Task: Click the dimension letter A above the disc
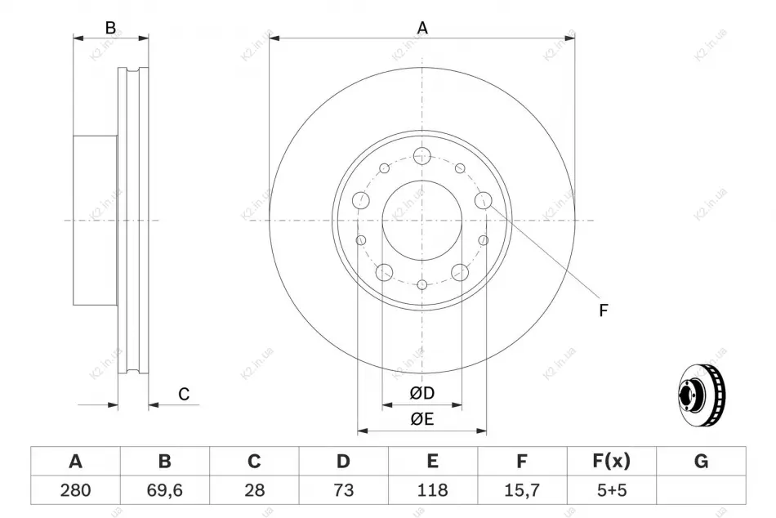tap(422, 28)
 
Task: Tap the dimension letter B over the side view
tap(110, 28)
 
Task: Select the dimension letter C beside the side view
tap(184, 394)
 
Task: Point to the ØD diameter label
tap(422, 393)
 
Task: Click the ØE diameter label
tap(422, 419)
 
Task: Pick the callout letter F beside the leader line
tap(603, 310)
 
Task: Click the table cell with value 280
tap(75, 490)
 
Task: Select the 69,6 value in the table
tap(165, 490)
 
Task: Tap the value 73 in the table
tap(343, 490)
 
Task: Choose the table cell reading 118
tap(433, 490)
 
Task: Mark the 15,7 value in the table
tap(522, 490)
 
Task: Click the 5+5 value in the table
tap(612, 490)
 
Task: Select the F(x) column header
tap(612, 461)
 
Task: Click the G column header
tap(701, 461)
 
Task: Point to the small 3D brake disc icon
tap(702, 395)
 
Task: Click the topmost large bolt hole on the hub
tap(422, 155)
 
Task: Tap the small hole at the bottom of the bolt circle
tap(422, 285)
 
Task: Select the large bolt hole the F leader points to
tap(483, 200)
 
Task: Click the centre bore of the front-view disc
tap(422, 221)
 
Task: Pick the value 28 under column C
tap(254, 490)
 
